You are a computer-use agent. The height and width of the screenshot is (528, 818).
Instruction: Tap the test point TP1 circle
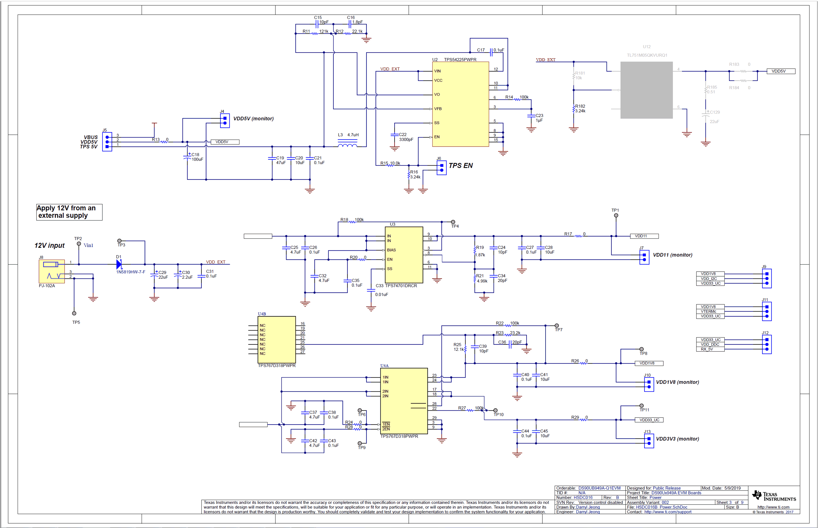coord(616,215)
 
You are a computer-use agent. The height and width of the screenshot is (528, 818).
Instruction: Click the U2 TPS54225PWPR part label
coord(460,59)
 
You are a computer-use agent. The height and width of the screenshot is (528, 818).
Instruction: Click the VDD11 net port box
coord(644,236)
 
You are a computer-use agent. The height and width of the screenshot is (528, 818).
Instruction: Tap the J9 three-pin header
coord(767,278)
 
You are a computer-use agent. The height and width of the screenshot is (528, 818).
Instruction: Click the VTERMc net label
coord(709,311)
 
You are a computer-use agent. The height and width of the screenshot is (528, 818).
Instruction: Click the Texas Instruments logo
coord(773,496)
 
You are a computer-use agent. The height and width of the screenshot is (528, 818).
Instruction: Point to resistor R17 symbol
coord(579,236)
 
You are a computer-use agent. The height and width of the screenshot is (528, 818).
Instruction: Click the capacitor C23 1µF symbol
coord(531,116)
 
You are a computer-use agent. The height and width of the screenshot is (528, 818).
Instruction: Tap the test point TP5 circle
coord(74,313)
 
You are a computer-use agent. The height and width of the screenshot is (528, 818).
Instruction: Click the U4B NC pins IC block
coord(276,339)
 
